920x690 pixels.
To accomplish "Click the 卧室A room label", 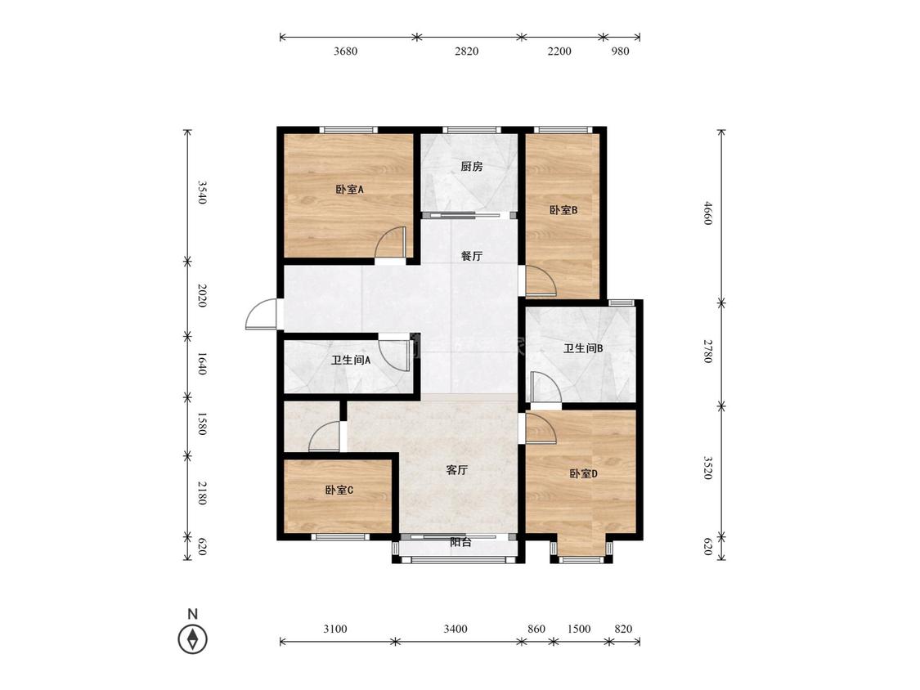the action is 350,190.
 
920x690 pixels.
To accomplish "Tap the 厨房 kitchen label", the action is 472,167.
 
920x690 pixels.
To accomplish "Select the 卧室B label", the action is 563,210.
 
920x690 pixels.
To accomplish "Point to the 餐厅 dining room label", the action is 472,257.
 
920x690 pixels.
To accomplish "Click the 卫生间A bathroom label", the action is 350,361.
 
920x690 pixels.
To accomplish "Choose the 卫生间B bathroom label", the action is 583,348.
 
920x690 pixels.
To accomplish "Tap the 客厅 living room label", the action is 457,470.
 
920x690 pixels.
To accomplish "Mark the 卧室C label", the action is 339,490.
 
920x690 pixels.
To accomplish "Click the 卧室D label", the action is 583,473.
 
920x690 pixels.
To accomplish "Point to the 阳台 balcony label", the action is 460,542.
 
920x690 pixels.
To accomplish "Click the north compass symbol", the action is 192,639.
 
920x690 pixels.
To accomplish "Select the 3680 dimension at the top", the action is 346,51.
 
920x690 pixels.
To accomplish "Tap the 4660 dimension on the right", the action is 708,213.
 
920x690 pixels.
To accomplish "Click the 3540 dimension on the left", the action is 201,192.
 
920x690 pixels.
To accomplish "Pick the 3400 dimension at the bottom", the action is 456,629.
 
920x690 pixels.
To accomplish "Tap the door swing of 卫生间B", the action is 545,388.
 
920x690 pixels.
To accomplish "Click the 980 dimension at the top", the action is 620,51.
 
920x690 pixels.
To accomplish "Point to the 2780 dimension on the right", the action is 708,351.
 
